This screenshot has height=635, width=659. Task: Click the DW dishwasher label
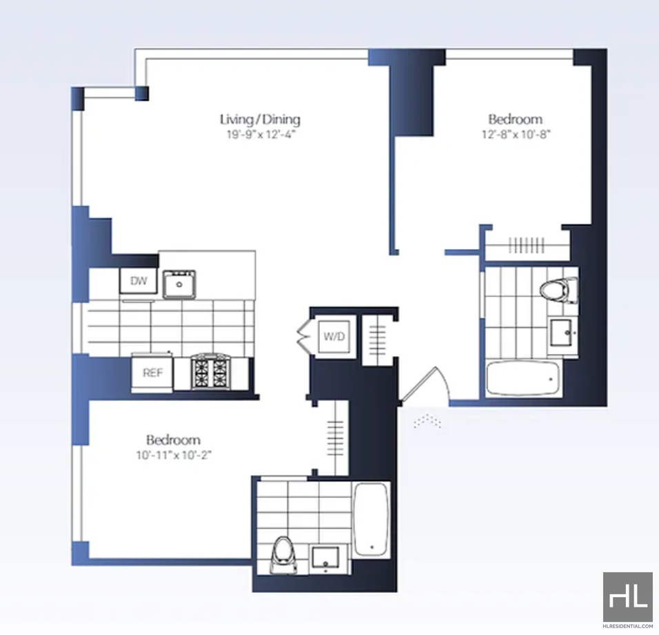[139, 281]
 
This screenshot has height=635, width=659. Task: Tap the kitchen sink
[179, 284]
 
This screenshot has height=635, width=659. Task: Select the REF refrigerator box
[152, 373]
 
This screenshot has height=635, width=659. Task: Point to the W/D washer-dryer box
[334, 336]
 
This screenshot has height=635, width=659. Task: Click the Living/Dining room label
[260, 119]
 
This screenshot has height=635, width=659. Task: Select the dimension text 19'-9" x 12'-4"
[261, 135]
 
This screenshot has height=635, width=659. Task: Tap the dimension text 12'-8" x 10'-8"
[516, 134]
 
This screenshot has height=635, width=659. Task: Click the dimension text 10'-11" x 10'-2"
[174, 455]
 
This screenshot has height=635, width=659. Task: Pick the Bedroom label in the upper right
[515, 119]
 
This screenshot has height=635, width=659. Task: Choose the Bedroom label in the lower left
[173, 440]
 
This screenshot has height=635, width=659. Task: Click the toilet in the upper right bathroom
[559, 291]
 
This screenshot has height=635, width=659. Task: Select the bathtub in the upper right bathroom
[523, 378]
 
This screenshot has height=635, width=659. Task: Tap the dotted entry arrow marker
[427, 421]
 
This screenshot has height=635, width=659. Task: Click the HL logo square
[628, 597]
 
